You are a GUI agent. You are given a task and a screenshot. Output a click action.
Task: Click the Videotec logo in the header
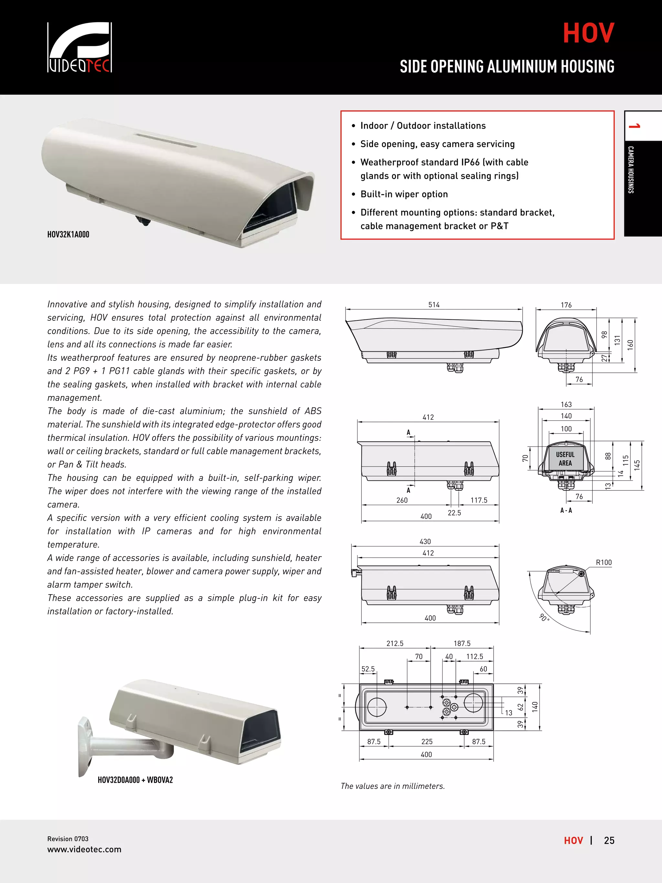(80, 48)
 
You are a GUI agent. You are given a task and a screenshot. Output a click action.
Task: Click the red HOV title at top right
(588, 33)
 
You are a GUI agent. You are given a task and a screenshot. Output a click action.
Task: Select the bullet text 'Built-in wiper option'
(404, 194)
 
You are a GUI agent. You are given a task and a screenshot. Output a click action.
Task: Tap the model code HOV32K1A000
(68, 235)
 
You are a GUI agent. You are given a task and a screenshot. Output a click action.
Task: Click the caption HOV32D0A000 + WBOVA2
(135, 780)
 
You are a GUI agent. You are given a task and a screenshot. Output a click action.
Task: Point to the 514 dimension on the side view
(434, 305)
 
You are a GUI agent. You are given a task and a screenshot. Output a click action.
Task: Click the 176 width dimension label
(566, 305)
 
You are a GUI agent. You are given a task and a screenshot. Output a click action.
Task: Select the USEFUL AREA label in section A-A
(565, 459)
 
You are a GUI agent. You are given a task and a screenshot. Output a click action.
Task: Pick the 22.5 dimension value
(454, 513)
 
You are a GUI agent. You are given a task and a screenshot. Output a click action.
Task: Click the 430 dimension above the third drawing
(425, 542)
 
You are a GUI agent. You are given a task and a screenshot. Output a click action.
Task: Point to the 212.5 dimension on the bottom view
(395, 643)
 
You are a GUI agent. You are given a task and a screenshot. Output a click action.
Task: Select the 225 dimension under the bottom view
(427, 742)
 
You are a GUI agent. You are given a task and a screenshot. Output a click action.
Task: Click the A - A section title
(566, 511)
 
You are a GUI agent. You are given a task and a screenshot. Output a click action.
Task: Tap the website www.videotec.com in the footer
(84, 849)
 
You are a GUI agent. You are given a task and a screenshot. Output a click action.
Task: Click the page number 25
(609, 841)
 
